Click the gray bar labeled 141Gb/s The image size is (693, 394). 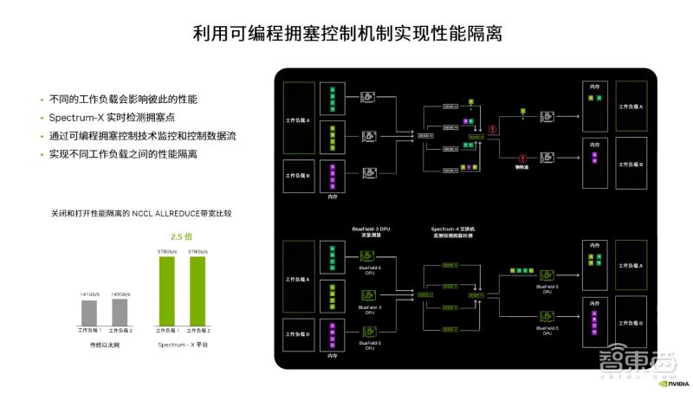(89, 312)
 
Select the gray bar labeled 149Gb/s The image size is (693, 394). (120, 312)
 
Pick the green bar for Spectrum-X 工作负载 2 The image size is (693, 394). (198, 292)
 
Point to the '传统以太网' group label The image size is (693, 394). (104, 345)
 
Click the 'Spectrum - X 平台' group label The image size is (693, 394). (183, 345)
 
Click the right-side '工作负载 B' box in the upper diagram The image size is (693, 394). (631, 163)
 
